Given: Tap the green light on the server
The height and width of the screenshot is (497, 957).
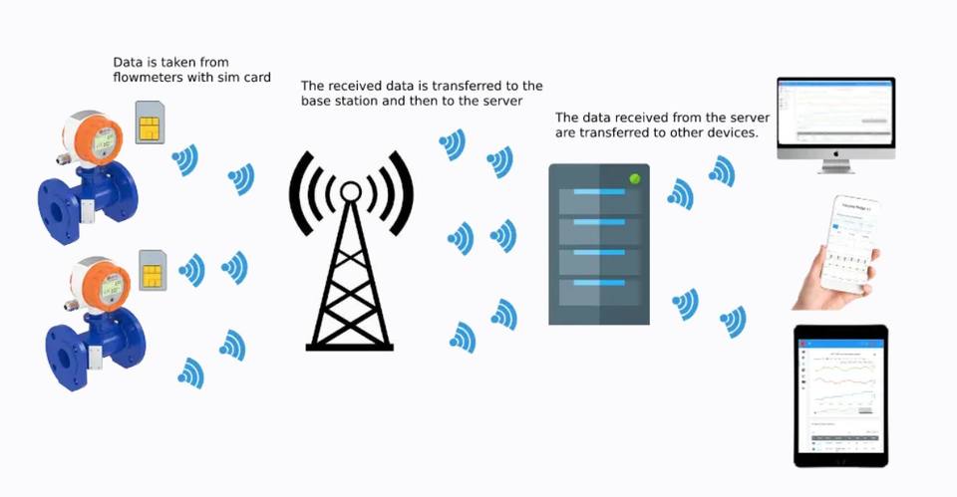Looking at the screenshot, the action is click(633, 178).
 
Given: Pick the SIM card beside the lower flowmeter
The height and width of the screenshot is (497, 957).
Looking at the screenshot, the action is click(153, 269).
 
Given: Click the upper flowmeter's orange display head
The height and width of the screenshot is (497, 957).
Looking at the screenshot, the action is click(96, 140).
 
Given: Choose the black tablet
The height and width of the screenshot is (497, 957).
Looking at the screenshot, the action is click(839, 395).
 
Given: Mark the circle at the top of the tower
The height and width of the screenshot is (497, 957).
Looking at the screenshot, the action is click(350, 189).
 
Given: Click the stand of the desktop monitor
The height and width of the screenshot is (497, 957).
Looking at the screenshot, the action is click(835, 165).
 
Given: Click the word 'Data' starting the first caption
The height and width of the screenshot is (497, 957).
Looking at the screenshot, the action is click(128, 61).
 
